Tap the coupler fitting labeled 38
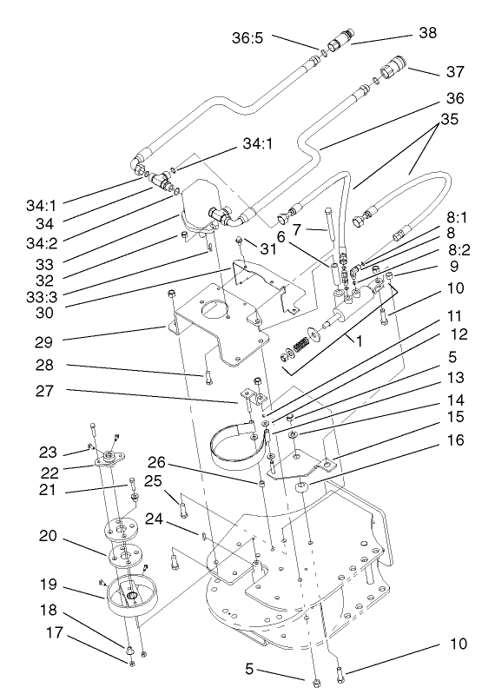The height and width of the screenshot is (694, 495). tap(339, 41)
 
